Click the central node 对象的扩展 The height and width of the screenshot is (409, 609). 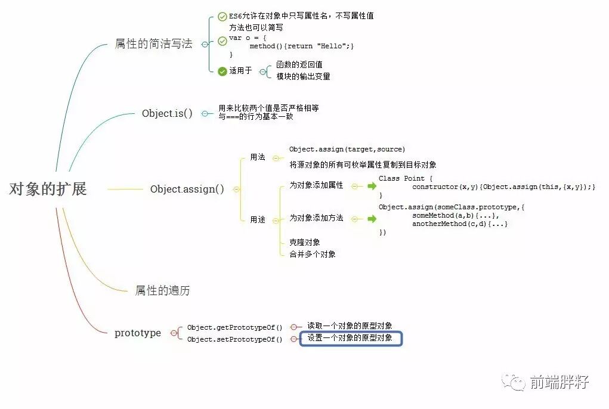coord(48,189)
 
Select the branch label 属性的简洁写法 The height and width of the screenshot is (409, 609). coord(153,44)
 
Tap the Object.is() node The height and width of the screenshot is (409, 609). coord(167,113)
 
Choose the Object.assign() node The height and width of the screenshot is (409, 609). coord(187,189)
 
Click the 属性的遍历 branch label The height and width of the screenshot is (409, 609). coord(162,290)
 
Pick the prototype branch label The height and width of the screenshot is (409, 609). coord(138,333)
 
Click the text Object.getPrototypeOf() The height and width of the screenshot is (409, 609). coord(234,327)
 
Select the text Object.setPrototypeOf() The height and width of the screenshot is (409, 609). coord(234,339)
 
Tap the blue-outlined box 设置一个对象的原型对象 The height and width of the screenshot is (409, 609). coord(351,338)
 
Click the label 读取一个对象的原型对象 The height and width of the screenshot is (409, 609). coord(350,326)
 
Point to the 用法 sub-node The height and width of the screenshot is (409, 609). coord(258,157)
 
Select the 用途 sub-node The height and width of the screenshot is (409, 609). coord(258,219)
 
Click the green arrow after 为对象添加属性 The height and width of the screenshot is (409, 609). coord(372,186)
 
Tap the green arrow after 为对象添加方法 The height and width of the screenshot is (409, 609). coord(372,219)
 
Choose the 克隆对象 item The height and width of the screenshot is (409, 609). coord(305,242)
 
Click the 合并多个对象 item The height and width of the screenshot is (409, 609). coord(313,254)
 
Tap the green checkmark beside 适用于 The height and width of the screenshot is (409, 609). coord(222,71)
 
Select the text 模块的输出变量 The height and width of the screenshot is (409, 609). coord(303,76)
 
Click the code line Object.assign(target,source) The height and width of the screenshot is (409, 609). coord(347,149)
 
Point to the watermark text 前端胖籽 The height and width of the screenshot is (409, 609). coord(559,382)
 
